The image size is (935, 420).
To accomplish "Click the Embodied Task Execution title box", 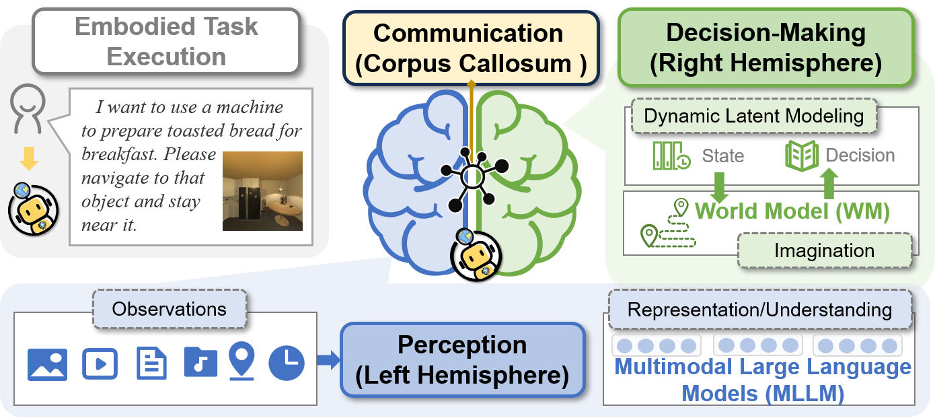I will [166, 41].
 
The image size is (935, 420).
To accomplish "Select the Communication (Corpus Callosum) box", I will [470, 48].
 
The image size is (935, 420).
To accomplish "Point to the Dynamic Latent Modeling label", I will [753, 116].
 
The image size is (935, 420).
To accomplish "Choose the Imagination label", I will [824, 251].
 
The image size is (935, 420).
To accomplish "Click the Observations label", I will [169, 309].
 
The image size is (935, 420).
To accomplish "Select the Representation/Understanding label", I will [759, 310].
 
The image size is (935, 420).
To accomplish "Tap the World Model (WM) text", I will [792, 211].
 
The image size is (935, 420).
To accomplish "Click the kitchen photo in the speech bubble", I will [262, 191].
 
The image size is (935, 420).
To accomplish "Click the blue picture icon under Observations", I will [47, 364].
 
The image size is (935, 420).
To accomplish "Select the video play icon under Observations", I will [100, 364].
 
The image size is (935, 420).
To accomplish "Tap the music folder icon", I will [200, 361].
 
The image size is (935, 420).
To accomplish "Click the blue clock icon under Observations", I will [287, 363].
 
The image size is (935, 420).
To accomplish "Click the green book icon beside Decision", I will [802, 155].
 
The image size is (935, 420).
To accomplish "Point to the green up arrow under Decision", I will [830, 183].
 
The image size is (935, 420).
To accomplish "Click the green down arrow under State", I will [719, 186].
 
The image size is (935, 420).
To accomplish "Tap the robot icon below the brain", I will [474, 255].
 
